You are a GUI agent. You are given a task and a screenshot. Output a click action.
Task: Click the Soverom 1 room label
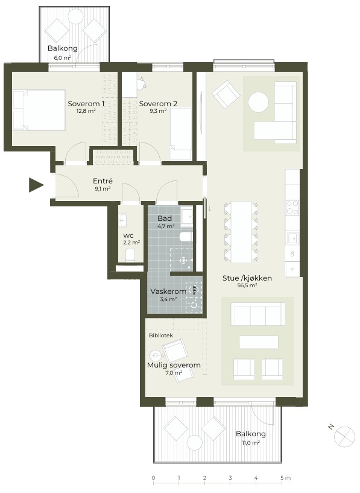pos(86,104)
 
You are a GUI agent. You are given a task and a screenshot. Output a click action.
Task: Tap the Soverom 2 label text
pos(158,104)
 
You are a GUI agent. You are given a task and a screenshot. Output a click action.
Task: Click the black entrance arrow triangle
pos(36,185)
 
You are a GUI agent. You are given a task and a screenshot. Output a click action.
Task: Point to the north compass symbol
pos(344,437)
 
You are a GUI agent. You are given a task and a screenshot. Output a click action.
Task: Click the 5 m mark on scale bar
pos(282,478)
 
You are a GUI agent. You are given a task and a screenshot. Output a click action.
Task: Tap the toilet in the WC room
pos(130,255)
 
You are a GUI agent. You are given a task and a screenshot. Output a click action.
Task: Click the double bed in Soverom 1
pos(39,110)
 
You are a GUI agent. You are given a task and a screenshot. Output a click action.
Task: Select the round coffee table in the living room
pos(259,102)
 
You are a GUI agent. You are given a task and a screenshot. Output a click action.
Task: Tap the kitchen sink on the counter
pos(292,238)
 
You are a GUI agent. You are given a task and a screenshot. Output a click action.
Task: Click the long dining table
pos(241,232)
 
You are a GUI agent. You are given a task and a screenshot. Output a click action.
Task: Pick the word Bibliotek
pos(161,336)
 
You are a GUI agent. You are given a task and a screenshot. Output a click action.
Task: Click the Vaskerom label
pos(168,291)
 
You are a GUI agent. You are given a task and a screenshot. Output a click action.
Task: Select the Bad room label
pos(165,218)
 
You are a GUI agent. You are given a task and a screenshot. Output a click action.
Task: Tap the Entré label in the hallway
pos(103,181)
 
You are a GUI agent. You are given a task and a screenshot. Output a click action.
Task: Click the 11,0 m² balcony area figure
pos(251,443)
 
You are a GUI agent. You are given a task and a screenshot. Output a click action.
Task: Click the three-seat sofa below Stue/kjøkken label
pos(258,314)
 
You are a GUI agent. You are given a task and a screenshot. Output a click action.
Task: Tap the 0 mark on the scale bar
pos(154,478)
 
